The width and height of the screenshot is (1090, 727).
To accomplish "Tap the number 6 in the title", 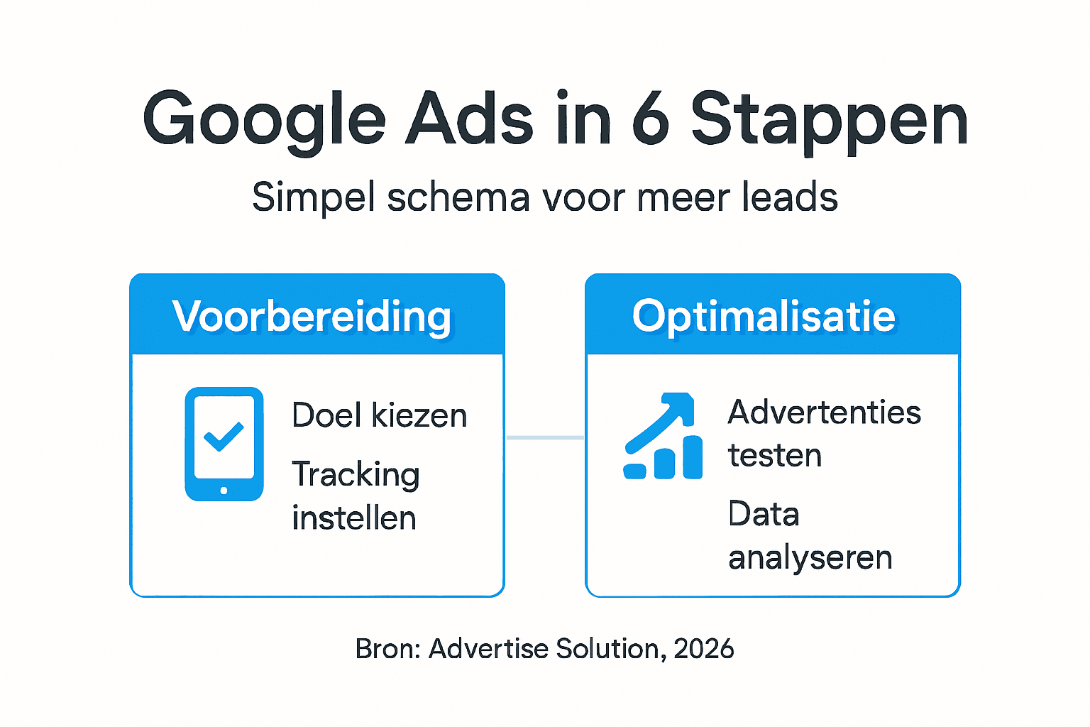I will click(650, 119).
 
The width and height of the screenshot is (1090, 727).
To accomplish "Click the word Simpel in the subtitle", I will click(313, 198).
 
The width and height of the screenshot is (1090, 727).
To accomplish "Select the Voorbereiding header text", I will click(312, 317).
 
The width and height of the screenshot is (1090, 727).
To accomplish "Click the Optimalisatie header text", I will click(764, 316).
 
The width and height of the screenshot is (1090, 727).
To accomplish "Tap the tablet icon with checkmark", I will click(224, 444).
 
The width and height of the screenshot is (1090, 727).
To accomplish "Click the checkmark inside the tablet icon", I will click(224, 436).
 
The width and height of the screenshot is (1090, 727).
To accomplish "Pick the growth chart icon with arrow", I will click(662, 436).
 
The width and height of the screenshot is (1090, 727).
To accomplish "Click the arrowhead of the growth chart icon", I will click(681, 405).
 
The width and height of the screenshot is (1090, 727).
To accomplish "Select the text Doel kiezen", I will click(379, 415).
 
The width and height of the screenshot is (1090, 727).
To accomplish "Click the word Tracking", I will click(356, 474).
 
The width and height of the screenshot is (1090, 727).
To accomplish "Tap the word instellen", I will click(353, 518).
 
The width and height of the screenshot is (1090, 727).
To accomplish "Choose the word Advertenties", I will click(824, 412).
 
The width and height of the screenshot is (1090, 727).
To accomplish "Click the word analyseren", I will click(810, 558).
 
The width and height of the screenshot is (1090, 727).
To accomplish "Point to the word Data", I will click(764, 514).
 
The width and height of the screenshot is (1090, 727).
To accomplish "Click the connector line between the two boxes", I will click(544, 437).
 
